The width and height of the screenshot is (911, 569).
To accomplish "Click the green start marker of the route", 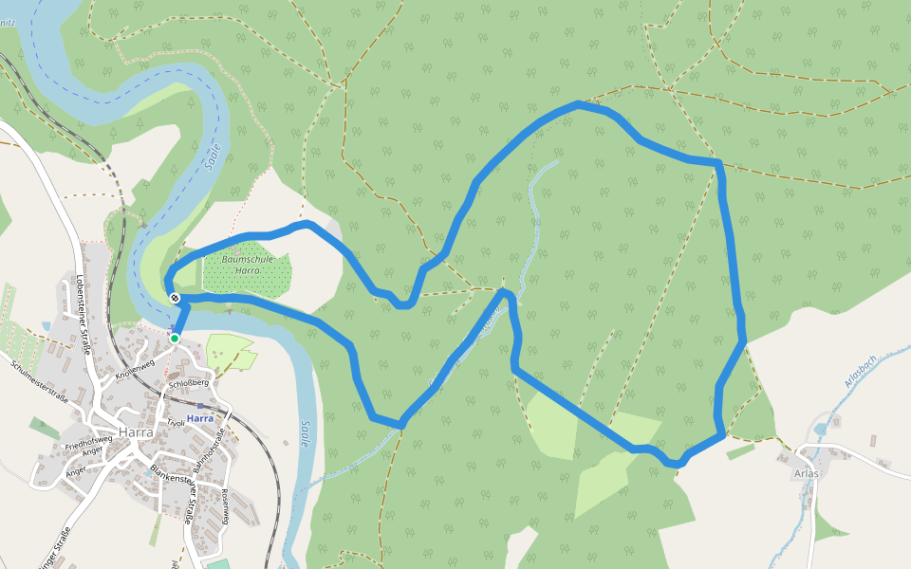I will tap(175, 338).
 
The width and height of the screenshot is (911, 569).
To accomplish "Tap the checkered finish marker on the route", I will tap(175, 299).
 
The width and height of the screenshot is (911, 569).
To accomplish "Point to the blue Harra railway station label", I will tap(200, 417).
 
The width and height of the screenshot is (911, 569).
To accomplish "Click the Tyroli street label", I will tap(175, 422).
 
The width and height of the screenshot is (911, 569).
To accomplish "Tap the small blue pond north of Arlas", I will tap(818, 429).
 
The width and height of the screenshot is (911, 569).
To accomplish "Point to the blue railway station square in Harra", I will tap(172, 329).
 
